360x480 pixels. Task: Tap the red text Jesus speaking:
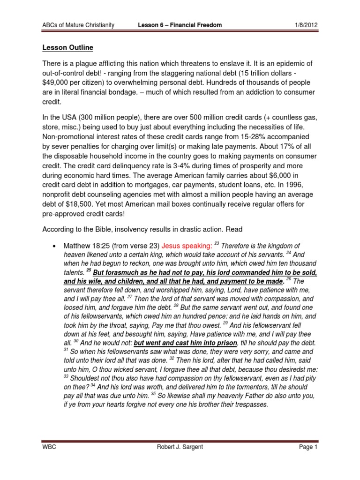(187, 246)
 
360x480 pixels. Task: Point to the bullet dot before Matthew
(55, 246)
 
